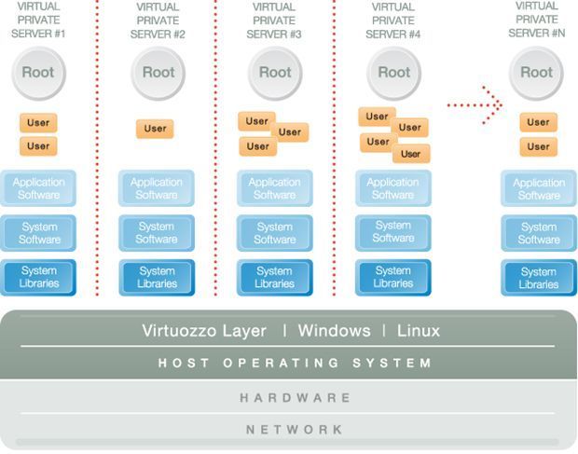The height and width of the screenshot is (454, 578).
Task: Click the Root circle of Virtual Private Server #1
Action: point(38,72)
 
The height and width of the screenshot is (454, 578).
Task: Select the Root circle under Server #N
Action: point(536,72)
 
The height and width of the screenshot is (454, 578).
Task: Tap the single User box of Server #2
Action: point(156,129)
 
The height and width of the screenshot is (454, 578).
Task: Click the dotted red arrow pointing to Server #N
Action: point(475,104)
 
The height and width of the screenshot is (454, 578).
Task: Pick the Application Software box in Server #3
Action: point(274,188)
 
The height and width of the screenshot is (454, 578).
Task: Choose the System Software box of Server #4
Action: point(392,232)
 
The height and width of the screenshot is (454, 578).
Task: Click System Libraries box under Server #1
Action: point(38,277)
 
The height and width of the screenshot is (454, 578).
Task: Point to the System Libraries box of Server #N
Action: point(538,278)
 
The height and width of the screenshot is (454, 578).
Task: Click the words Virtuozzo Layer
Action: point(204,331)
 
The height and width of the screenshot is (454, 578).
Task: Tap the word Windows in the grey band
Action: point(335,331)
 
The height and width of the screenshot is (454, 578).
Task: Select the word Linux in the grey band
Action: point(419,331)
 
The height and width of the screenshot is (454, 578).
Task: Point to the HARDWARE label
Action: point(295,398)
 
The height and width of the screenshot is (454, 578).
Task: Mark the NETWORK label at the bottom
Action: point(295,430)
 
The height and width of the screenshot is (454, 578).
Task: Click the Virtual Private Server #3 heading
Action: point(274,20)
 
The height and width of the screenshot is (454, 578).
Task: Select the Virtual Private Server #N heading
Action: point(537,19)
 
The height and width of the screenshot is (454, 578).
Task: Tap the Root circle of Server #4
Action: point(393,72)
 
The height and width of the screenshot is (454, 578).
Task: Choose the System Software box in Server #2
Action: point(157,232)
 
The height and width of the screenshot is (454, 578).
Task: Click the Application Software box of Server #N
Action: point(538,189)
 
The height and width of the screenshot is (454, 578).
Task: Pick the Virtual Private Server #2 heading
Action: point(158,20)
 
